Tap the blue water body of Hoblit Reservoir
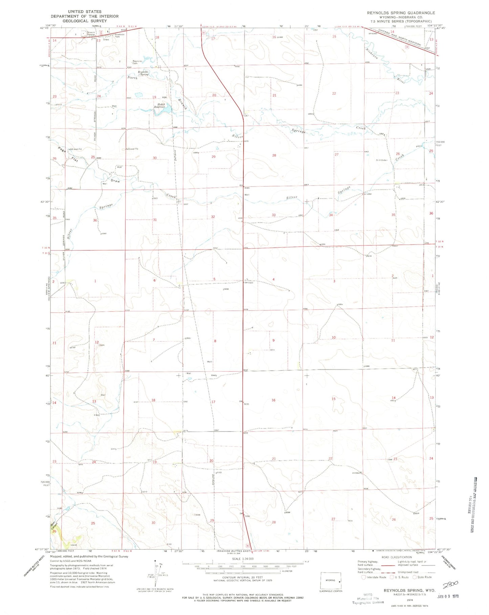pos(162,110)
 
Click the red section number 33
pos(273,215)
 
